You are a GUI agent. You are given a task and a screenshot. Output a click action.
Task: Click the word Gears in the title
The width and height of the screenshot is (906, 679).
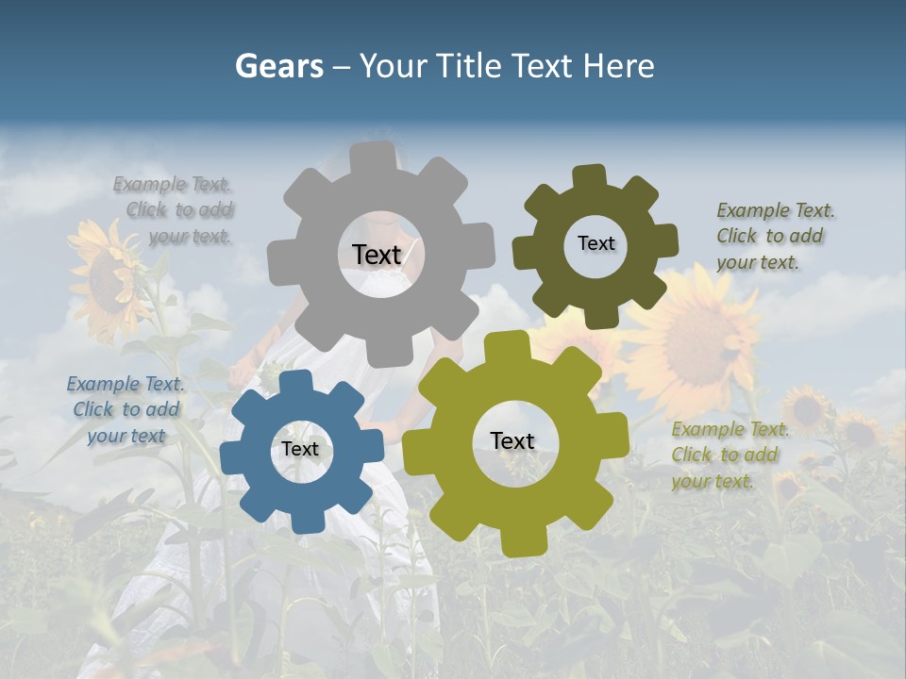(278, 66)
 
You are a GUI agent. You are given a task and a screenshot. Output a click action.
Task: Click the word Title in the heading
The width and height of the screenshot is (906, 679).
(470, 66)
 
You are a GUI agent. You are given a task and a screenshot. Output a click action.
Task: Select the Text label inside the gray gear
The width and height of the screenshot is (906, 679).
(377, 255)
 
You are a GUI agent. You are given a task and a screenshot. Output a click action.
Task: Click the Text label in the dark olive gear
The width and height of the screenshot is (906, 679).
(596, 243)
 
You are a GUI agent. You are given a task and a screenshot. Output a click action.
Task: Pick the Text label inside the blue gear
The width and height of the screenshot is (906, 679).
(299, 450)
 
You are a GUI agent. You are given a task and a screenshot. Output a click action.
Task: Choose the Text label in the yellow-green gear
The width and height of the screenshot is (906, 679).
(512, 441)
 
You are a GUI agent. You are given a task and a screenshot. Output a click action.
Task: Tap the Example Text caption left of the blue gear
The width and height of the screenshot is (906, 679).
(126, 409)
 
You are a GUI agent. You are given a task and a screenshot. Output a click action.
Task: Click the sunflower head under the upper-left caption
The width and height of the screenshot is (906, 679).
(106, 278)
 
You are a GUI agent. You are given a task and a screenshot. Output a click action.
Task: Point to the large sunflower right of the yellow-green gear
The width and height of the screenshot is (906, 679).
(698, 339)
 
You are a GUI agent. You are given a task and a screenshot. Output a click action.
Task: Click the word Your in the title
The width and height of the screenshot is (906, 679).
(393, 66)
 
